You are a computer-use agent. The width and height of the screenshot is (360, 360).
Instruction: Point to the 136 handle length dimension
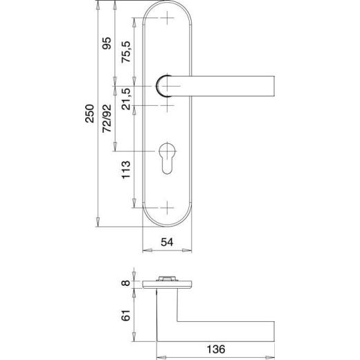click(215, 348)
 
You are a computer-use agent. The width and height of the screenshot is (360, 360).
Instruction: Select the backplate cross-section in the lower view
click(169, 284)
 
